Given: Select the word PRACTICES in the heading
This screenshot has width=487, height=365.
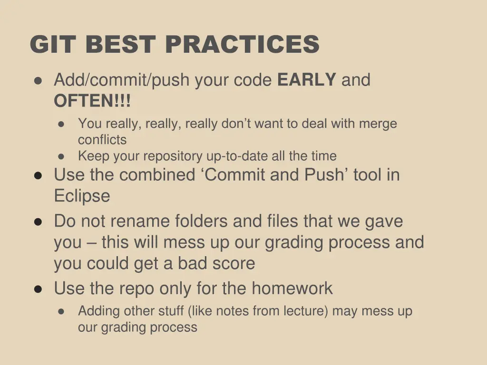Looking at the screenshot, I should (x=242, y=45).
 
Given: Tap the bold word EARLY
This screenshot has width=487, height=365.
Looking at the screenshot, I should (x=307, y=80).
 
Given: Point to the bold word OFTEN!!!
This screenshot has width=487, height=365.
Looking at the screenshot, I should (x=92, y=101).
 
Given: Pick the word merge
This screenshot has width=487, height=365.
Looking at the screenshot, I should (x=378, y=124).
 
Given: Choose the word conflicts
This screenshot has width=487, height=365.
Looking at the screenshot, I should (x=102, y=140).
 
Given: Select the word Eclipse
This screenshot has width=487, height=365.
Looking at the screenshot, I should (x=82, y=196).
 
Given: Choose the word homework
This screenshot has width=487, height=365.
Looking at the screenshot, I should (x=292, y=288).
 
